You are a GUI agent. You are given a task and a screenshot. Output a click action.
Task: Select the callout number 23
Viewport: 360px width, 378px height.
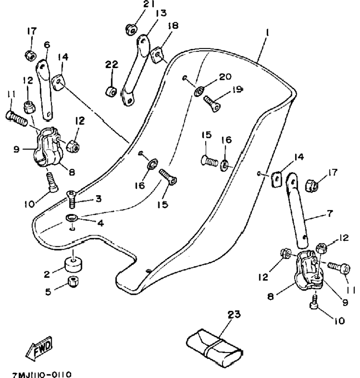click(x=234, y=315)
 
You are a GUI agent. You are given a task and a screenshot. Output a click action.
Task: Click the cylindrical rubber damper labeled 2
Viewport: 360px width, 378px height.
click(x=73, y=264)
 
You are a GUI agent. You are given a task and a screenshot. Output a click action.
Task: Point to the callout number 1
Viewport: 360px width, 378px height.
click(x=267, y=32)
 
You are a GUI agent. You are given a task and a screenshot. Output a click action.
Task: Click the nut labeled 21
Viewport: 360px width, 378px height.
click(x=131, y=30)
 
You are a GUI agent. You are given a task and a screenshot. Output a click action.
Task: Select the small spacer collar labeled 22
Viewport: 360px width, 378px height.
click(x=111, y=91)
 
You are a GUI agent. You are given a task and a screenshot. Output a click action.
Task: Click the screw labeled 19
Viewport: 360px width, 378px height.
click(x=212, y=103)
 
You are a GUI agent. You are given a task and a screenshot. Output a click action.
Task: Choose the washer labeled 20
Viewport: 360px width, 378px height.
click(x=200, y=92)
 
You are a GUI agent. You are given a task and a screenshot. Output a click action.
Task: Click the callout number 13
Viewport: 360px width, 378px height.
click(x=161, y=13)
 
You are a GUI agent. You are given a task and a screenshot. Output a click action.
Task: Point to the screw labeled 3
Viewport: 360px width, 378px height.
click(x=72, y=199)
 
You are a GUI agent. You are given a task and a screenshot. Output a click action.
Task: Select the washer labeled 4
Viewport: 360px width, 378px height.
click(x=72, y=218)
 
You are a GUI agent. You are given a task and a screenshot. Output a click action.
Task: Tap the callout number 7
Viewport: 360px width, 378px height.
click(x=330, y=213)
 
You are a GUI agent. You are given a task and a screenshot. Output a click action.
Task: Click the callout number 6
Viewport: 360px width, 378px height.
click(x=47, y=45)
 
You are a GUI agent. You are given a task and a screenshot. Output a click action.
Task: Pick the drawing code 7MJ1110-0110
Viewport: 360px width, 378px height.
click(x=42, y=375)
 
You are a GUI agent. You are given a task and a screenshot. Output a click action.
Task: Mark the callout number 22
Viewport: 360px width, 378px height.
click(x=112, y=64)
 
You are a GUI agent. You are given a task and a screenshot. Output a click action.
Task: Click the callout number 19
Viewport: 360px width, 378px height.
click(x=238, y=89)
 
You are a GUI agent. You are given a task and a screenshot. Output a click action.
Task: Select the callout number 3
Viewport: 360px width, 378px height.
click(x=98, y=199)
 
